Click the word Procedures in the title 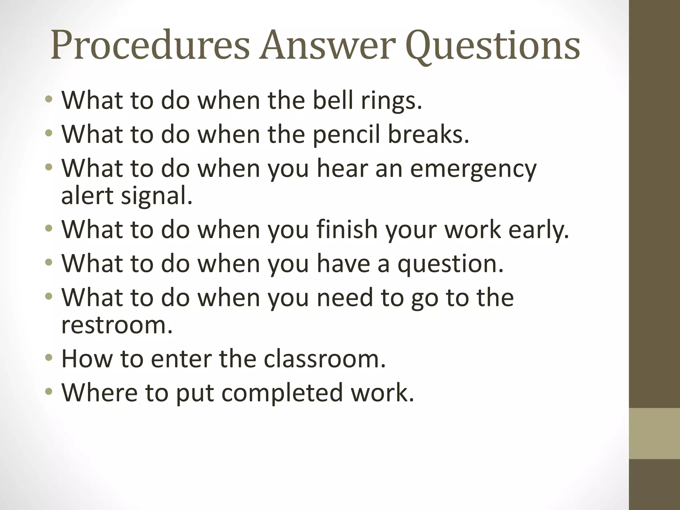point(150,45)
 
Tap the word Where point(100,392)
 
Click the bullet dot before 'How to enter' point(49,358)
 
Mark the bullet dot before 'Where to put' point(49,392)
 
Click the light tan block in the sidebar point(654,434)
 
